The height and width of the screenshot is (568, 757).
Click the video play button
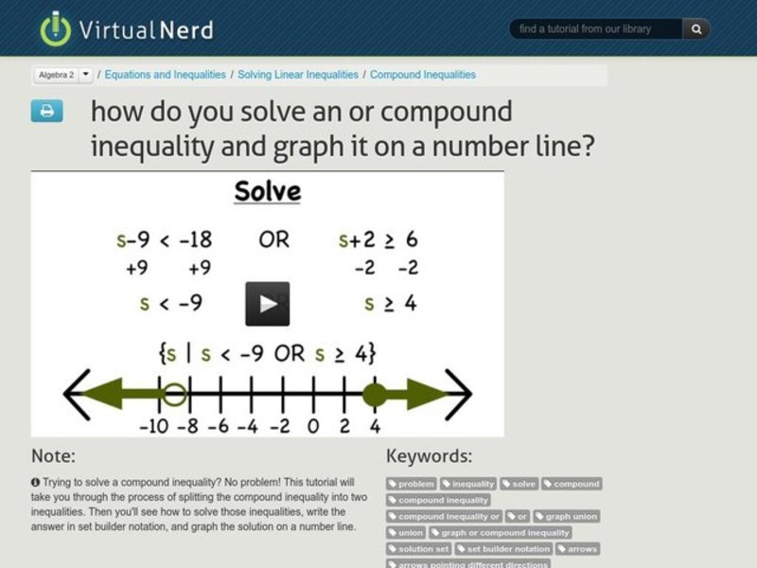point(268,304)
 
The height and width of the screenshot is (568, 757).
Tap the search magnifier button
point(696,29)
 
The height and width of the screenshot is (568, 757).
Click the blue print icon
point(46,111)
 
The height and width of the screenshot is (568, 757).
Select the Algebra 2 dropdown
point(63,74)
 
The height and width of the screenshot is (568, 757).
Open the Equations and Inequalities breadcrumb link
point(165,74)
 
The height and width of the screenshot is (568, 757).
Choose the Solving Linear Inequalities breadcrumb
point(298,74)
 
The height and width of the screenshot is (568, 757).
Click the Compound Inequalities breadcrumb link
point(423,74)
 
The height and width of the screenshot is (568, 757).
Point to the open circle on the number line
point(174,394)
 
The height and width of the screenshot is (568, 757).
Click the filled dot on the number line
point(375,394)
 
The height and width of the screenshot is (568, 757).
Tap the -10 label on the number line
point(153,425)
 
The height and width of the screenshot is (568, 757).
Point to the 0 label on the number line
point(313,425)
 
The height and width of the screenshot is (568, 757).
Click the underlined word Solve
point(267,192)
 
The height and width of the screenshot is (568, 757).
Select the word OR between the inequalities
point(273,240)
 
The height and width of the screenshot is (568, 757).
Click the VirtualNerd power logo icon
point(55,28)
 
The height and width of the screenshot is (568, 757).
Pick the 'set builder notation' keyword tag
point(503,548)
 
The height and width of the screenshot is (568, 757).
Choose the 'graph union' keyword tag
point(567,516)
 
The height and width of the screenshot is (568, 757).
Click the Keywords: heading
point(429,456)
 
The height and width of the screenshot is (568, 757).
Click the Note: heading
point(53,456)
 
